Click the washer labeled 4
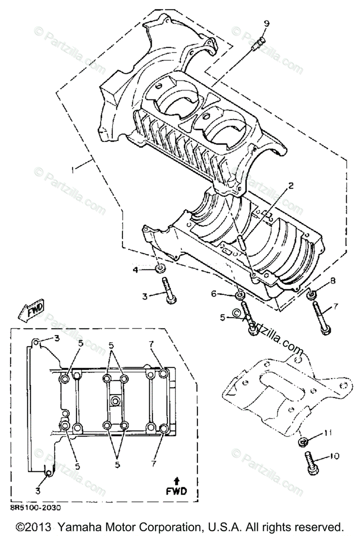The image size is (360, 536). click(159, 268)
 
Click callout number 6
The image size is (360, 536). click(213, 293)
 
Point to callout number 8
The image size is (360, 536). click(332, 281)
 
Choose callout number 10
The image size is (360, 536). click(334, 456)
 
